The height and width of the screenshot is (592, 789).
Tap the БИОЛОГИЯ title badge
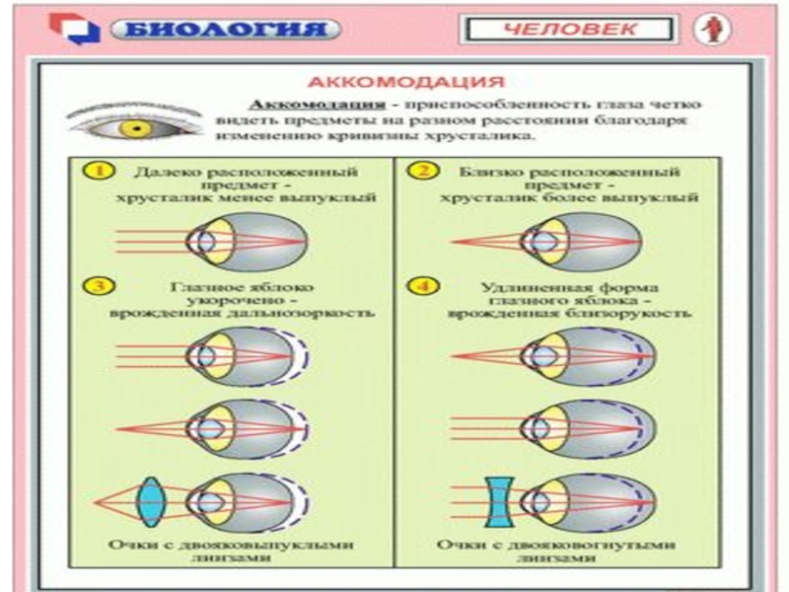tap(226, 30)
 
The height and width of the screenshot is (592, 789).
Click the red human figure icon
tap(707, 30)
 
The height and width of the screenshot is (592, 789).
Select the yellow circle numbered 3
tap(95, 287)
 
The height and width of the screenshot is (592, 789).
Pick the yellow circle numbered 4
tap(424, 287)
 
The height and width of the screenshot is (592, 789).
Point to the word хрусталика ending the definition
tap(486, 135)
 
